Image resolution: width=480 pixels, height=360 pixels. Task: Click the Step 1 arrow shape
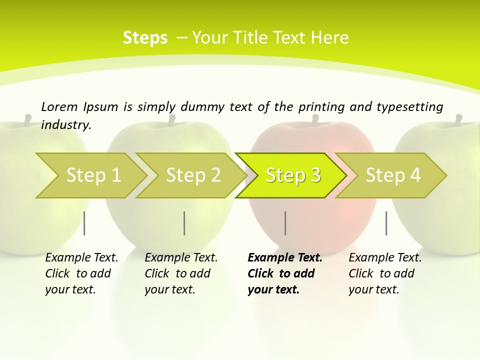(x=92, y=175)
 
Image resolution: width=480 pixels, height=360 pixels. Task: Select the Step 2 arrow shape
(x=192, y=175)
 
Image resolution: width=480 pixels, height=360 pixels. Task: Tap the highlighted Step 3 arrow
(x=292, y=175)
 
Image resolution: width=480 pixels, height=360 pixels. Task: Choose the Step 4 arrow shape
(x=392, y=175)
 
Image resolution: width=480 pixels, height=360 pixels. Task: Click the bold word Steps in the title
(x=145, y=38)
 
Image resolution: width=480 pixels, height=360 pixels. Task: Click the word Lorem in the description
(x=59, y=106)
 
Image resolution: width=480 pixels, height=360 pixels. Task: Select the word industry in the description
(x=66, y=124)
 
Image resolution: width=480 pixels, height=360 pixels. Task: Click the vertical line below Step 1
(x=84, y=223)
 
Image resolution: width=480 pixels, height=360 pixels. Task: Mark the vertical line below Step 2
(x=184, y=223)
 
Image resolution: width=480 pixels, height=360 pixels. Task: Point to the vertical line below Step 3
(x=285, y=223)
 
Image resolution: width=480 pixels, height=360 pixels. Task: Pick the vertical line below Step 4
(x=386, y=223)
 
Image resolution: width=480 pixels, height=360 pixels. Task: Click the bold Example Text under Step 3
(x=285, y=258)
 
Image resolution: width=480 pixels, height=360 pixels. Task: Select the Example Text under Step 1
(x=81, y=258)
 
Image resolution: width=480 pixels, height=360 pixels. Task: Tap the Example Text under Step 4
(x=385, y=258)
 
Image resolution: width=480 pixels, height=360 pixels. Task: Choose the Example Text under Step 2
(x=181, y=258)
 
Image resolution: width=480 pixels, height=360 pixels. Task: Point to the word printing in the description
(x=321, y=107)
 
